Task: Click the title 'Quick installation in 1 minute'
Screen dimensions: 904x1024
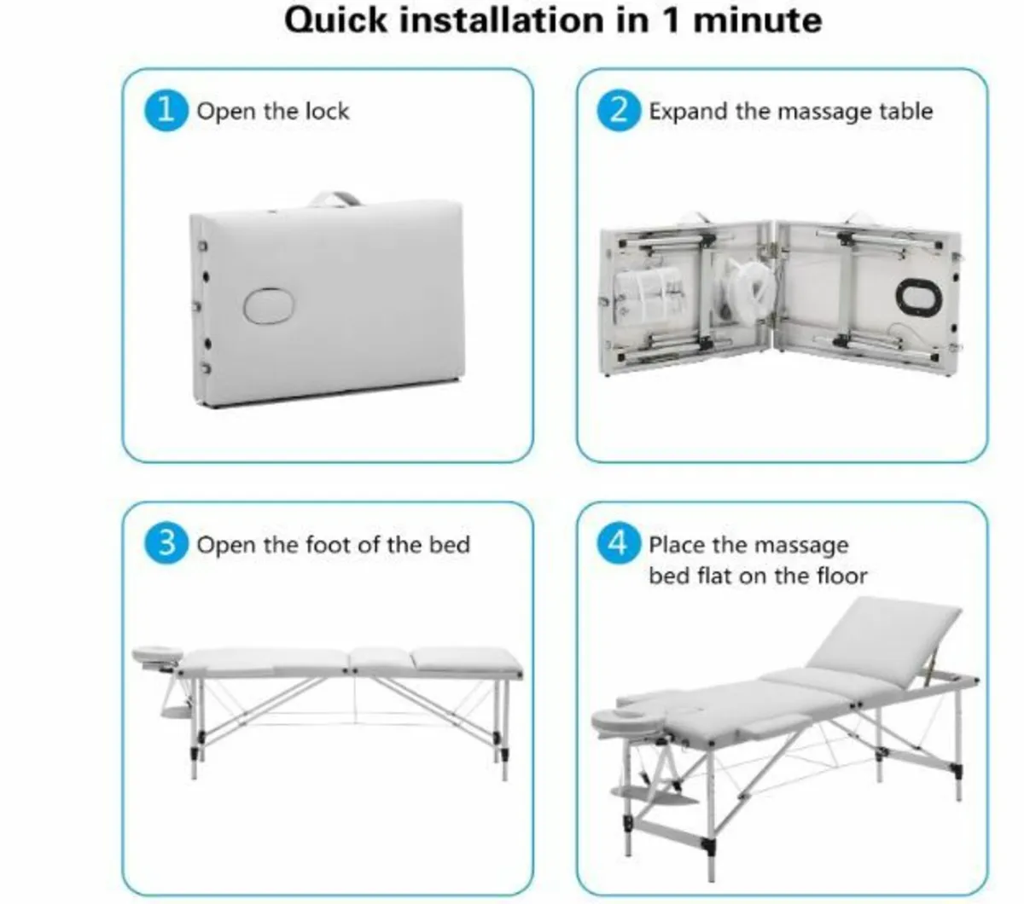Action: (552, 20)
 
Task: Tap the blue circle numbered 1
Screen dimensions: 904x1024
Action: (166, 111)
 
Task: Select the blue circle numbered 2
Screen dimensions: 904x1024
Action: (620, 111)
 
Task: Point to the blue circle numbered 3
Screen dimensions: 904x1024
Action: (166, 544)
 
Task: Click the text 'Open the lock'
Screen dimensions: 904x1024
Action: (273, 112)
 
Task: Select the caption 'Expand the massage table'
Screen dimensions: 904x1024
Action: (790, 112)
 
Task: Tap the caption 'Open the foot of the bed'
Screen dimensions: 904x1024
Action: (333, 545)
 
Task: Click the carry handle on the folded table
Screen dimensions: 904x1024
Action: (335, 200)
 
